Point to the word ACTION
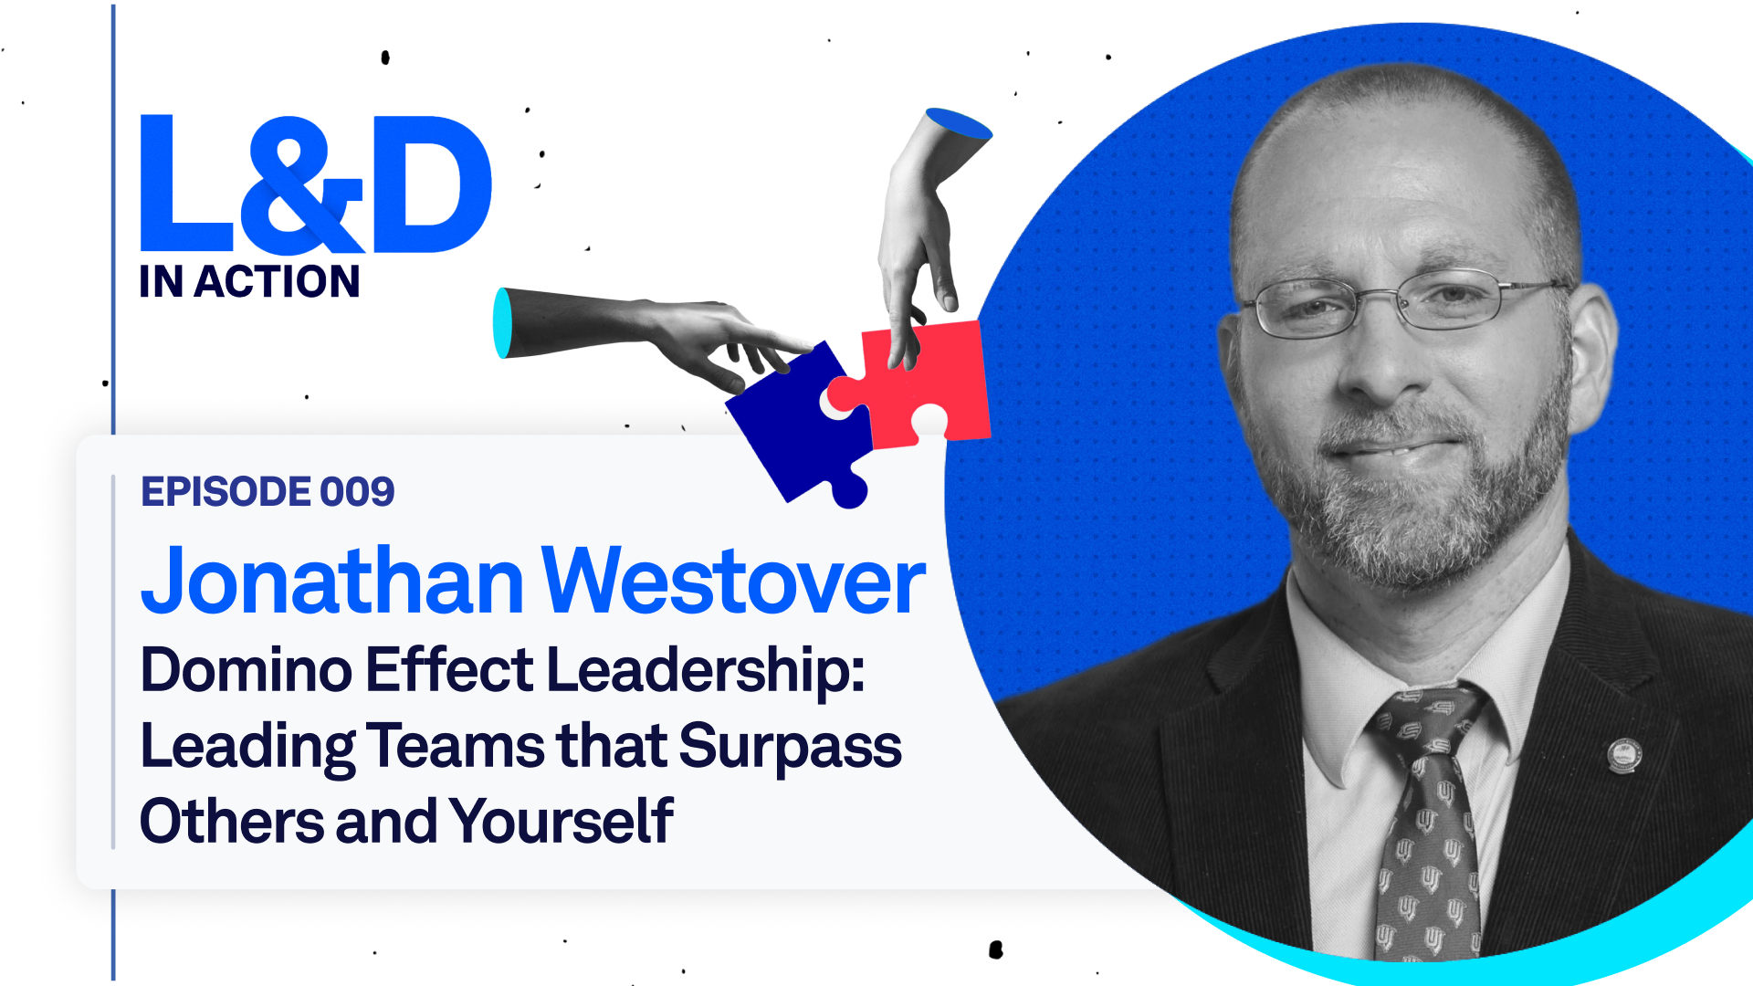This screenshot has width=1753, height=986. (278, 281)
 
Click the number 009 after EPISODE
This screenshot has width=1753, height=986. (357, 492)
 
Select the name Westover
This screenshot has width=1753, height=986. (734, 581)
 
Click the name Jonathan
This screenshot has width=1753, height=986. (332, 581)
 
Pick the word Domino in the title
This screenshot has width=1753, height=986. (247, 670)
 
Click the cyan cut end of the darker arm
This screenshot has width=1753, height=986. (503, 323)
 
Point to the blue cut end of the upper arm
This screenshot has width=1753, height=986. (959, 123)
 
